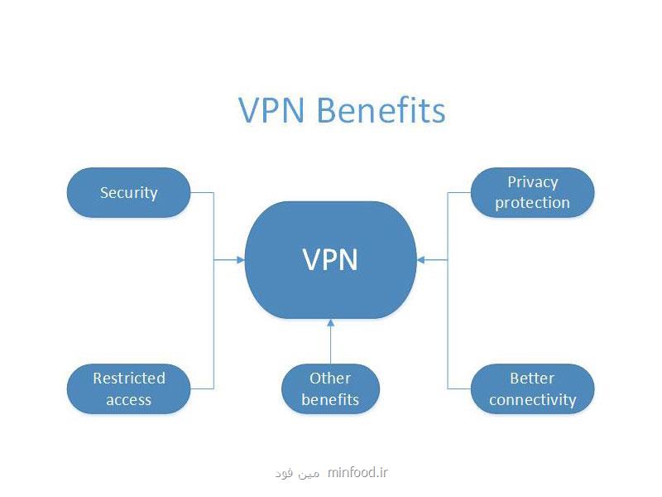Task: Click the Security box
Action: pos(128,193)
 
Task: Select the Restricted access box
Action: pos(128,388)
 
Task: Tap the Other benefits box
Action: pos(330,388)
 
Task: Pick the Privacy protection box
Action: pos(532,192)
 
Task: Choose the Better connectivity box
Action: pos(532,388)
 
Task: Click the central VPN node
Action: pos(330,260)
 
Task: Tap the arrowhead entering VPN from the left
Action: pos(241,260)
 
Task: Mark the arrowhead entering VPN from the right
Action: pos(420,260)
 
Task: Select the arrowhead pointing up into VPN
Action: pos(330,324)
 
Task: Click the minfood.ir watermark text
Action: pos(358,473)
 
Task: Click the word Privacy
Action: pos(532,182)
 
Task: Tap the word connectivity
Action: pos(532,399)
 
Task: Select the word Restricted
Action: pos(128,378)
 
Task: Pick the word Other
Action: pos(330,378)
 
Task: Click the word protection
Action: pos(532,202)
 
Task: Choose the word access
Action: pos(128,399)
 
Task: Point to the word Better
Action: pos(532,378)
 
